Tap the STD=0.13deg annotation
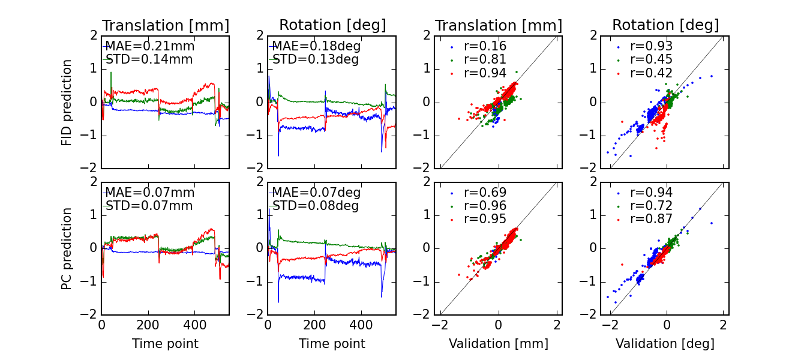pyautogui.click(x=316, y=59)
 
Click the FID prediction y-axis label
pyautogui.click(x=67, y=102)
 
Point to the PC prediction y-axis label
pyautogui.click(x=67, y=248)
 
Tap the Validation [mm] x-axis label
pyautogui.click(x=499, y=344)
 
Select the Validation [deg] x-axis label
pyautogui.click(x=665, y=344)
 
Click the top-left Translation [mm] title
pyautogui.click(x=166, y=26)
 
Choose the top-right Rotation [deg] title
pyautogui.click(x=665, y=25)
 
